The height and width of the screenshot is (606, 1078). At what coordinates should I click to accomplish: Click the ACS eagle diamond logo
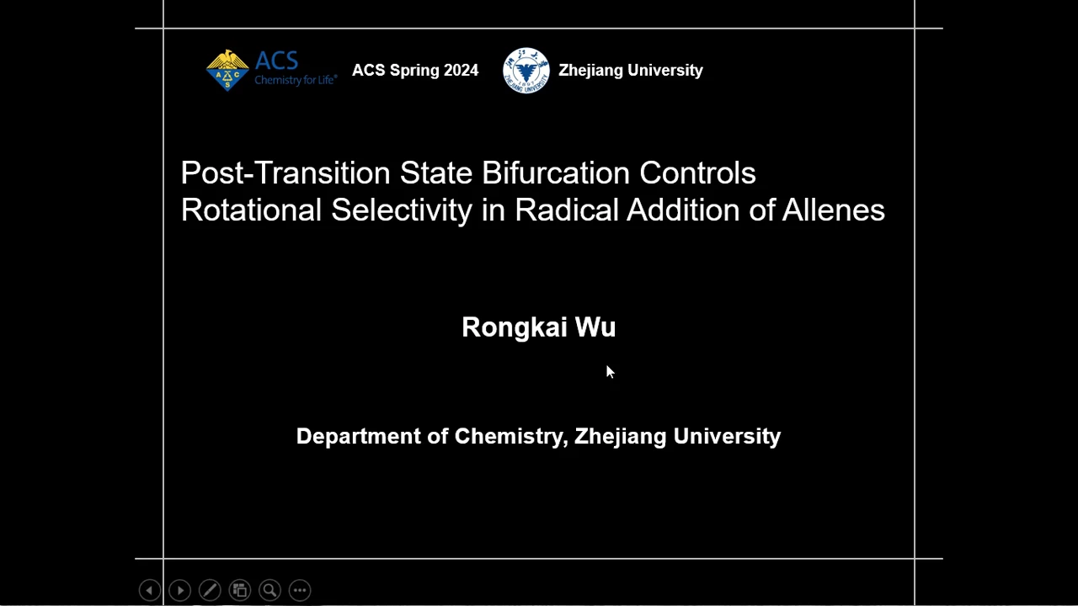[x=227, y=70]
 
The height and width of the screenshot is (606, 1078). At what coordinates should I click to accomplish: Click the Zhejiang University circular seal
[x=526, y=70]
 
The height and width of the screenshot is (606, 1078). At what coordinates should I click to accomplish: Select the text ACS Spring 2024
[x=415, y=70]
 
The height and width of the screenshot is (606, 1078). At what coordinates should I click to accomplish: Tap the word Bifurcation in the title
[x=555, y=173]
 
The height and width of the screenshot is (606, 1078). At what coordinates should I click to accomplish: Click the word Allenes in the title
[x=833, y=210]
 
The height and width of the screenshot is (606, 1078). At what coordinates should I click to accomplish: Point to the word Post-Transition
[x=286, y=173]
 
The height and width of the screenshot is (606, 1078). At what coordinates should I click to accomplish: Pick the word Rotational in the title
[x=251, y=210]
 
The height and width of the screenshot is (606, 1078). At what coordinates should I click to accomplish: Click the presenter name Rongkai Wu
[x=538, y=327]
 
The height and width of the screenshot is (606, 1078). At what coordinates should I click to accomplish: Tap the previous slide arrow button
[x=150, y=590]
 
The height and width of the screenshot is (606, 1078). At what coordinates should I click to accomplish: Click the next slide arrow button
[x=180, y=590]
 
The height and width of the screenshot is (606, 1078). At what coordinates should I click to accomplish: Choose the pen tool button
[x=210, y=590]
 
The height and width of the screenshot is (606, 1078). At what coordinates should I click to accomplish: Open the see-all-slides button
[x=240, y=590]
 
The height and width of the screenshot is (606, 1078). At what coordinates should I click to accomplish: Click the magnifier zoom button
[x=270, y=590]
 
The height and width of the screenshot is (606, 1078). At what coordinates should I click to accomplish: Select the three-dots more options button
[x=300, y=590]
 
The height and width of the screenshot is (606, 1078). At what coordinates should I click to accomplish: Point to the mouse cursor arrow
[x=610, y=371]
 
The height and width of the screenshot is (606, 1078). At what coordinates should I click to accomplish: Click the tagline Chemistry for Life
[x=296, y=80]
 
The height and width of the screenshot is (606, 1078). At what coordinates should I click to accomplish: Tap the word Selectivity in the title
[x=402, y=210]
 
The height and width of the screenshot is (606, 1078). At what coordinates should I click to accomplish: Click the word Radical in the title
[x=567, y=210]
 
